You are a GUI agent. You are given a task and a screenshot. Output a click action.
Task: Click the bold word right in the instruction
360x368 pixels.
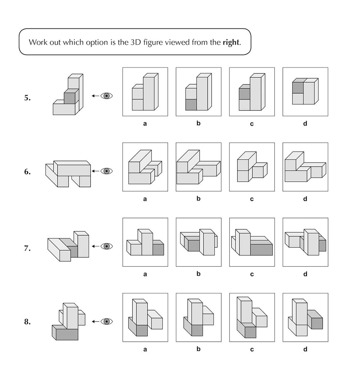pyautogui.click(x=231, y=42)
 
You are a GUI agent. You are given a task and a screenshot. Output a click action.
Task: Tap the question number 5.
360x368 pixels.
pyautogui.click(x=27, y=98)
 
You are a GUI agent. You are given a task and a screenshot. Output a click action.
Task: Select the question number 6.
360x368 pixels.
pyautogui.click(x=27, y=172)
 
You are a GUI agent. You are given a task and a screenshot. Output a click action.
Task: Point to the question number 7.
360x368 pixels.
pyautogui.click(x=27, y=248)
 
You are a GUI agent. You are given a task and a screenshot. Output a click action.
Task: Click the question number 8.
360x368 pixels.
pyautogui.click(x=27, y=322)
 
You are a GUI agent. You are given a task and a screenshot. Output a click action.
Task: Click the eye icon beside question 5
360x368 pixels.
pyautogui.click(x=106, y=96)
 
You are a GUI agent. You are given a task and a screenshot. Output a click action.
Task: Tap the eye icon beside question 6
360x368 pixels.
pyautogui.click(x=106, y=171)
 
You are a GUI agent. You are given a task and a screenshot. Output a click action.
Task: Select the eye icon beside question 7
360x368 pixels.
pyautogui.click(x=106, y=246)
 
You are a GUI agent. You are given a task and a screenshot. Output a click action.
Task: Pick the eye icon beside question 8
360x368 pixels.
pyautogui.click(x=106, y=321)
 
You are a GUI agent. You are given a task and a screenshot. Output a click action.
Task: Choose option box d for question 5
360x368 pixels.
pyautogui.click(x=305, y=92)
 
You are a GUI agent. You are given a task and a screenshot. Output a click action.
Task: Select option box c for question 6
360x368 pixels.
pyautogui.click(x=252, y=167)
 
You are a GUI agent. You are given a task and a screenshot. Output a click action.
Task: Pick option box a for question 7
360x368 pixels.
pyautogui.click(x=145, y=242)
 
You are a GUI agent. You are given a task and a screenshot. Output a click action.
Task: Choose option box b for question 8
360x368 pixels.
pyautogui.click(x=198, y=318)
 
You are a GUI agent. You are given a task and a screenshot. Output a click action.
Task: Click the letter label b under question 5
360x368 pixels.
pyautogui.click(x=198, y=123)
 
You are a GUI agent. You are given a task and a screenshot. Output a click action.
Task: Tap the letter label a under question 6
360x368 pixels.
pyautogui.click(x=145, y=199)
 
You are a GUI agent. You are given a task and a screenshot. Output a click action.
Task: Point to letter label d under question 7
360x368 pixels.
pyautogui.click(x=305, y=274)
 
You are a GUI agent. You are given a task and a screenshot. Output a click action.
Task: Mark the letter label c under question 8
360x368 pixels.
pyautogui.click(x=252, y=349)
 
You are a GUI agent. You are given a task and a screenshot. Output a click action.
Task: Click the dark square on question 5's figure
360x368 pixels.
pyautogui.click(x=69, y=98)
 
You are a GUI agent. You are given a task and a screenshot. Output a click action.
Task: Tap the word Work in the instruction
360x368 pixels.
pyautogui.click(x=37, y=42)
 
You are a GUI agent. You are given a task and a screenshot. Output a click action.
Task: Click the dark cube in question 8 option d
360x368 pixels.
pyautogui.click(x=317, y=323)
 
